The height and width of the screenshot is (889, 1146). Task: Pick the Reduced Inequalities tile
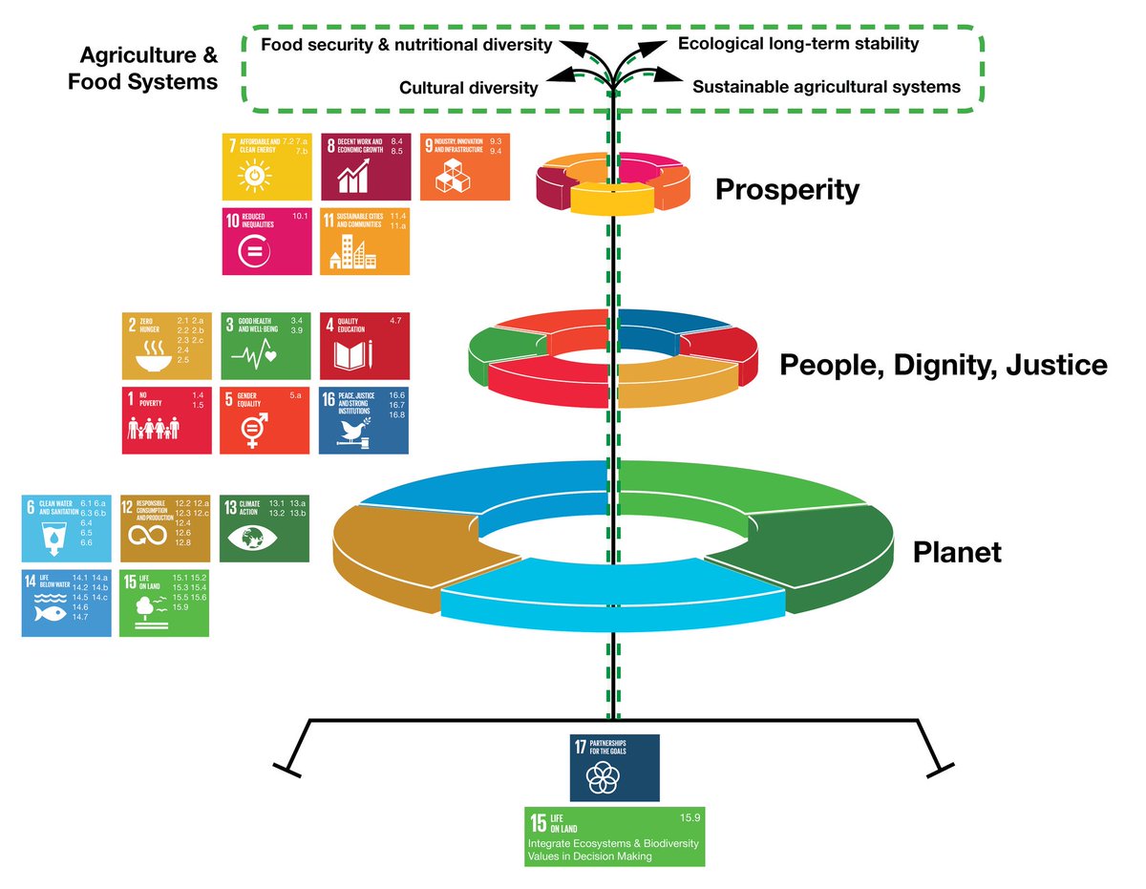[266, 242]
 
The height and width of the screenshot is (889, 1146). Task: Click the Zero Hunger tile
[167, 347]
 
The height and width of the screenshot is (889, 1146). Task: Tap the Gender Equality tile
[265, 420]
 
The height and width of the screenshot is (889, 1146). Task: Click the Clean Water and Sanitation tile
[67, 528]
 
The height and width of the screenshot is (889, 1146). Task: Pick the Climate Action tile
[265, 528]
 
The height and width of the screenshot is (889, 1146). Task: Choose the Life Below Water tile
[67, 603]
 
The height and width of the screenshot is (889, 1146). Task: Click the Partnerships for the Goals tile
[615, 768]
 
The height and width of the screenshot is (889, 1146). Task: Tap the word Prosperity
[787, 190]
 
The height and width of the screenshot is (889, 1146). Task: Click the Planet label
[957, 552]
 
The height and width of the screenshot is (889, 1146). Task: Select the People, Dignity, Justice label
[944, 365]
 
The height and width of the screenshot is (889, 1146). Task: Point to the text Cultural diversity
[468, 88]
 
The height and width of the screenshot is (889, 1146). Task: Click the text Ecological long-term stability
[798, 43]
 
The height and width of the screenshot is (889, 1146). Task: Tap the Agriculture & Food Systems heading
[143, 67]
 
